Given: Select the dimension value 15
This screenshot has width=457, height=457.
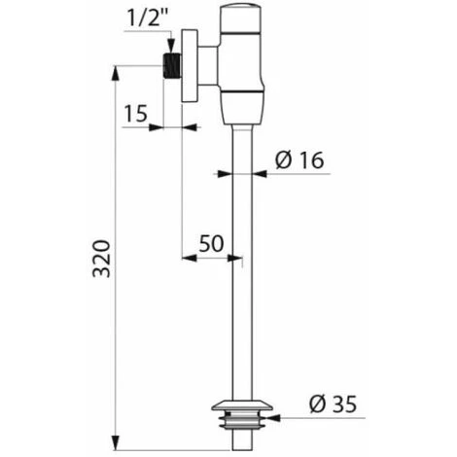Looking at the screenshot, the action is [x=136, y=113].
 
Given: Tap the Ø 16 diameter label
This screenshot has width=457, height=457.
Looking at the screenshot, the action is [x=299, y=160].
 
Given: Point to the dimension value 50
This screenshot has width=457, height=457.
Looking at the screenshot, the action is [x=211, y=243].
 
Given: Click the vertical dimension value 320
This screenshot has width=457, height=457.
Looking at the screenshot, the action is [x=101, y=259].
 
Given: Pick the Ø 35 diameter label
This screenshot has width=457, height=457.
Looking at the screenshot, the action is [x=333, y=404].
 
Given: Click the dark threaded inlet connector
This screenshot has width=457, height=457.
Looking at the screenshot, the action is [x=171, y=65].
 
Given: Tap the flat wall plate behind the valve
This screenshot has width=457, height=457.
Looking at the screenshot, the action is [x=190, y=66].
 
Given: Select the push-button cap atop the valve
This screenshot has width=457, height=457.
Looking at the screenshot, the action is [x=241, y=19].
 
